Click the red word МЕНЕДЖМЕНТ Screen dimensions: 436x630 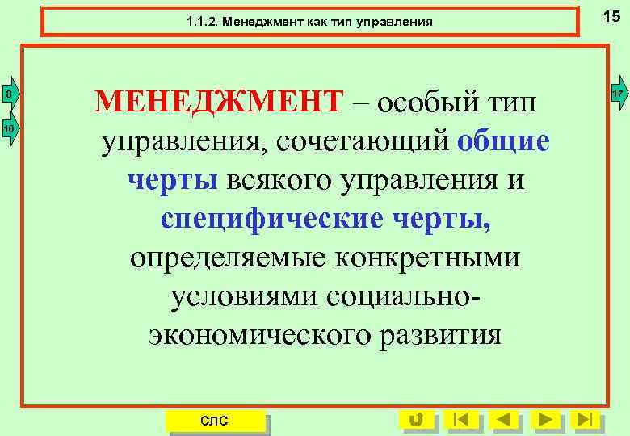(x=219, y=102)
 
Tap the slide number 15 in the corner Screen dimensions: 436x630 (x=611, y=15)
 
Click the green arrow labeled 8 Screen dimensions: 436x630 (x=8, y=95)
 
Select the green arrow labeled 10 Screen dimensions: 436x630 (x=8, y=129)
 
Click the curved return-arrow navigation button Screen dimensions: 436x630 (x=417, y=419)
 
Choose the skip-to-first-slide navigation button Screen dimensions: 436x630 (x=461, y=419)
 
